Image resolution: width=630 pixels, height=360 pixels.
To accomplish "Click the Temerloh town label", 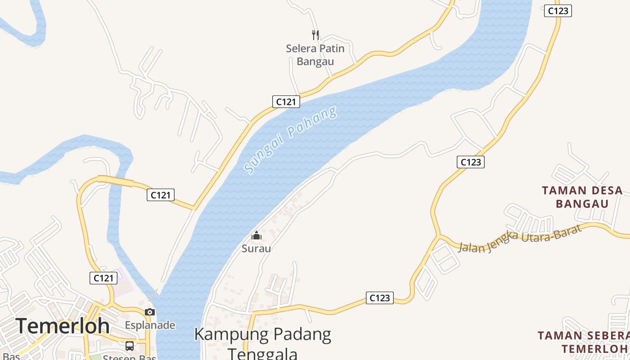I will click(x=63, y=326).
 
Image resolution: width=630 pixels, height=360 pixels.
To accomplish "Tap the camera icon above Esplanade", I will click(x=150, y=312).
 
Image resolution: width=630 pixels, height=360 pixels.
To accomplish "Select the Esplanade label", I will click(x=150, y=325).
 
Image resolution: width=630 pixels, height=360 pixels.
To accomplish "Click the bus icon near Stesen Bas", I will click(x=130, y=346).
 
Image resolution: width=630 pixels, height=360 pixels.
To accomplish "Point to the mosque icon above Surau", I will click(x=256, y=235).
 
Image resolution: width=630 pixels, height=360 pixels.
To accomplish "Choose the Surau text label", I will click(x=256, y=248).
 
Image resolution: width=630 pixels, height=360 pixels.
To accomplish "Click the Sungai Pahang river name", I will click(x=290, y=140).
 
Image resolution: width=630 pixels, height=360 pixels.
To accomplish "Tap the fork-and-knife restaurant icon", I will click(x=315, y=35).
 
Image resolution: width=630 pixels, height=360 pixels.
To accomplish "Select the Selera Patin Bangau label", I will click(x=315, y=55).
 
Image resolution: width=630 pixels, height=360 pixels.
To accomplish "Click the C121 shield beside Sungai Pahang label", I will click(x=286, y=102).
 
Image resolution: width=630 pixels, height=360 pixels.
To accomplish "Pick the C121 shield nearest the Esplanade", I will click(x=103, y=278).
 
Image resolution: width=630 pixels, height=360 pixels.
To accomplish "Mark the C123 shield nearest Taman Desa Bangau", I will click(x=471, y=162).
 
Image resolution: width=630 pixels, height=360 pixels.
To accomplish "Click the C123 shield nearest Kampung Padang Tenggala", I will click(x=379, y=298).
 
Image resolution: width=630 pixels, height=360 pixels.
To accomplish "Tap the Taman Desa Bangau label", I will click(x=582, y=197).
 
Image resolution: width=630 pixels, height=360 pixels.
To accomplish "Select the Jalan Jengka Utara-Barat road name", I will click(x=520, y=238).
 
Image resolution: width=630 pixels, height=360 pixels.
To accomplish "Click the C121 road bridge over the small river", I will click(x=116, y=181).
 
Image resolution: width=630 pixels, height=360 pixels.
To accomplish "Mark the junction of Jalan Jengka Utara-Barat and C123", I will click(x=438, y=235).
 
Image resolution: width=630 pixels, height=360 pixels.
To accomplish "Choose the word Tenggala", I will click(x=263, y=353).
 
